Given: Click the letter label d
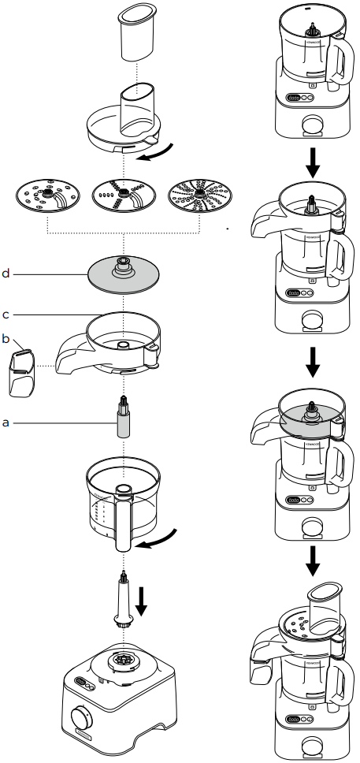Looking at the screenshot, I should tap(6, 274).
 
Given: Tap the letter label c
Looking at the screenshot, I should tap(6, 315).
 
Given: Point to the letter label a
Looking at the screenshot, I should tap(6, 422).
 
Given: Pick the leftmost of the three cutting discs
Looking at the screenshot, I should tap(49, 197).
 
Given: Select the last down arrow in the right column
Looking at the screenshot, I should tap(313, 559).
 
